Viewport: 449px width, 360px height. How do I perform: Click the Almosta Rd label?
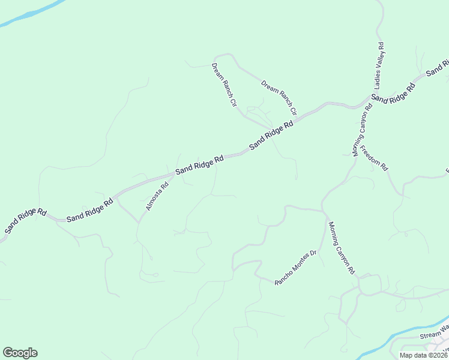click(157, 196)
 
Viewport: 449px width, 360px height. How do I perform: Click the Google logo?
click(20, 353)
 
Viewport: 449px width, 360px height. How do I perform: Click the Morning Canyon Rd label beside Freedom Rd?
click(363, 130)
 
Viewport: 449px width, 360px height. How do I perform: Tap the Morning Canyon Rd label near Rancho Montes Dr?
click(341, 248)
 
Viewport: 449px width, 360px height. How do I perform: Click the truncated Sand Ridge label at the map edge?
click(438, 67)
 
